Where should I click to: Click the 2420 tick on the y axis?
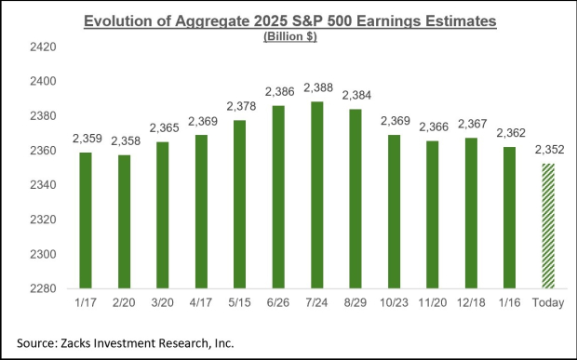pyautogui.click(x=46, y=47)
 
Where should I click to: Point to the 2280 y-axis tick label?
pyautogui.click(x=46, y=288)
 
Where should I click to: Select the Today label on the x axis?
pyautogui.click(x=547, y=304)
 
